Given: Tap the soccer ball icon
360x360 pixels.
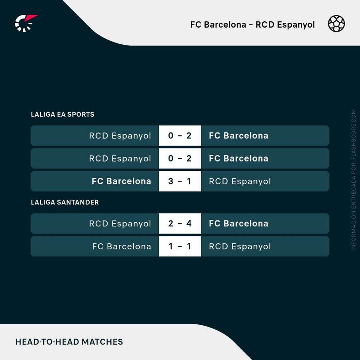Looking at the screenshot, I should tap(336, 24).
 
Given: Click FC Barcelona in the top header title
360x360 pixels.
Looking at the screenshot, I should tap(218, 25).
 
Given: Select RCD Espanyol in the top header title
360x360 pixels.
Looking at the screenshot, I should tap(285, 25).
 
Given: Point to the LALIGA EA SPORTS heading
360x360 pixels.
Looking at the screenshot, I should tap(62, 114).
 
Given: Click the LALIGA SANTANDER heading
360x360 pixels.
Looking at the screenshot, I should tap(65, 202).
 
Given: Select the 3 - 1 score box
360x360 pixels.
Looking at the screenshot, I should tap(180, 181).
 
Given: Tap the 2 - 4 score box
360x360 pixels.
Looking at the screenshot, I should tap(180, 224).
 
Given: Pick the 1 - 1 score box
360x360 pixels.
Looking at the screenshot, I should tap(180, 246).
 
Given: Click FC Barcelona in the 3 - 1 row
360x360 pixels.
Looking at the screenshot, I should tap(122, 181).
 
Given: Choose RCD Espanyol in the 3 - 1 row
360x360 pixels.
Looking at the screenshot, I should tap(240, 181).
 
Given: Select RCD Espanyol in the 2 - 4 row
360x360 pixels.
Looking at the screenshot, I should tap(120, 224).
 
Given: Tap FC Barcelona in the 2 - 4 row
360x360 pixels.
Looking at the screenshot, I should tap(238, 224).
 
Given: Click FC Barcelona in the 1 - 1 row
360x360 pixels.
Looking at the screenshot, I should tap(122, 246).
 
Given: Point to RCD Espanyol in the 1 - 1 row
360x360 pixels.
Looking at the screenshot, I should tap(240, 246).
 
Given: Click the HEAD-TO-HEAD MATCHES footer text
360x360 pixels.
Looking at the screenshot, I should tap(69, 342).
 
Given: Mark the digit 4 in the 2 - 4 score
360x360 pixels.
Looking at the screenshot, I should tap(189, 224).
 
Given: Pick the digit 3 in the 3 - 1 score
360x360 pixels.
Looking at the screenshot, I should tap(171, 181).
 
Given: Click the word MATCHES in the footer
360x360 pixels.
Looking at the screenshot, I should tap(102, 342).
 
